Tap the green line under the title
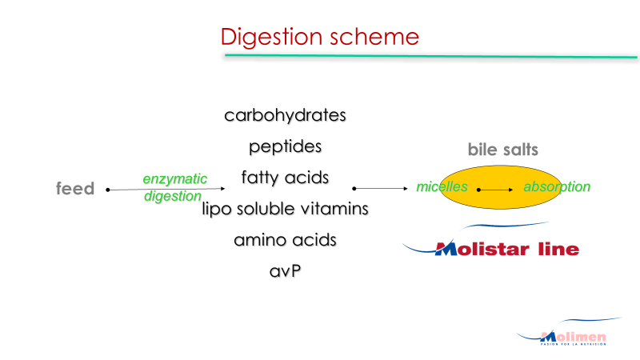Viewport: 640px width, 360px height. (x=432, y=56)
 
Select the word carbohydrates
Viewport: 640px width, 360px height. (x=285, y=115)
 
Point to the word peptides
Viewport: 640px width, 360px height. (x=285, y=146)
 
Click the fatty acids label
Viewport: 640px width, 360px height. (x=285, y=177)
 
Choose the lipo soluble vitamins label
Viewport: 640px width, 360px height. (x=285, y=209)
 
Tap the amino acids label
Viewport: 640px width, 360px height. (x=285, y=240)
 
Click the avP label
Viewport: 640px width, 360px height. (x=285, y=270)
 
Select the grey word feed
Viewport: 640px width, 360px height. (x=75, y=189)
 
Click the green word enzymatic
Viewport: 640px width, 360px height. (x=174, y=179)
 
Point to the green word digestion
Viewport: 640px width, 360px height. (x=173, y=197)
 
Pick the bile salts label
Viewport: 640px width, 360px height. (x=502, y=150)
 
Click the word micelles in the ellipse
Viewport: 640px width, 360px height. (x=442, y=187)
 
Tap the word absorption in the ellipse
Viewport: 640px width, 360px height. (x=557, y=187)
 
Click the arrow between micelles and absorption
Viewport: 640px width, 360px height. (x=496, y=190)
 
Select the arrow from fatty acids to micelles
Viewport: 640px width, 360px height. (x=381, y=189)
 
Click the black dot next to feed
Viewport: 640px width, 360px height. (x=107, y=190)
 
